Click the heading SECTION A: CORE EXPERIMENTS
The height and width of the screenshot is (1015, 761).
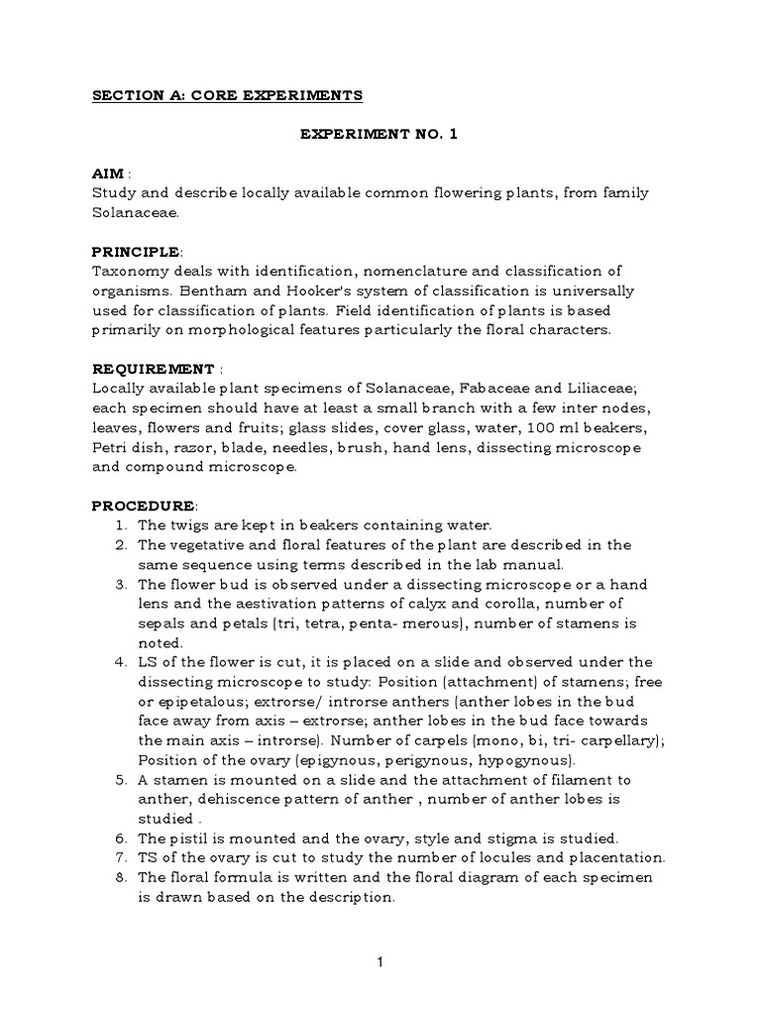(x=228, y=96)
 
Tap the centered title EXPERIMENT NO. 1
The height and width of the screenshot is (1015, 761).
(x=380, y=135)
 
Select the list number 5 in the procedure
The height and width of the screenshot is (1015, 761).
(x=120, y=780)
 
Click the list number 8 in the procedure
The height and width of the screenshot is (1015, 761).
(x=120, y=878)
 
